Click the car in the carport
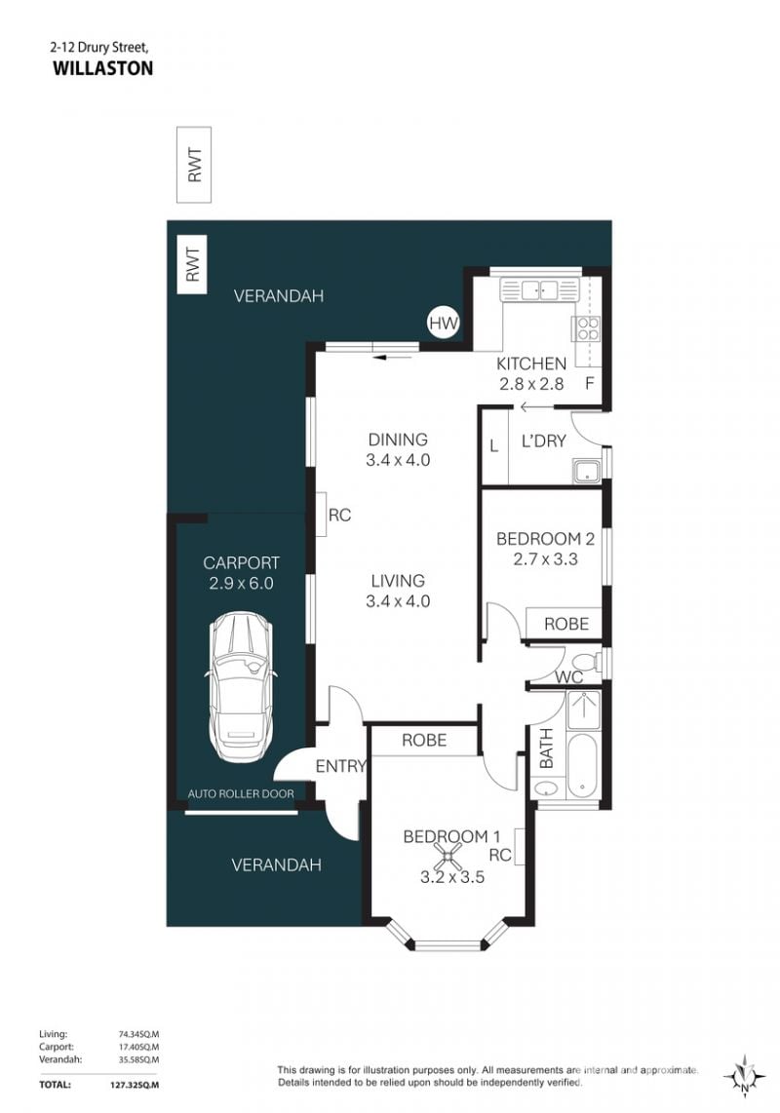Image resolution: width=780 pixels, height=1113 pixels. coord(240,687)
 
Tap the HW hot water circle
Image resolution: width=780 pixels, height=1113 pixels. coord(444,324)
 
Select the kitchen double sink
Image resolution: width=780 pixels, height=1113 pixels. coord(540,289)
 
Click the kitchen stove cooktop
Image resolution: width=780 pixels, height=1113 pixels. coord(588,329)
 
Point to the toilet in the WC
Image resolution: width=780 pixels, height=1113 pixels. coord(586,660)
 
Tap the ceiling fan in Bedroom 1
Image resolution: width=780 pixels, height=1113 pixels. coord(448,856)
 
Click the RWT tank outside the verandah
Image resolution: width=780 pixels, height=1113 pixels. coord(194,165)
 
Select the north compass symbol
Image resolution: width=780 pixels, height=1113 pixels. coord(744,1075)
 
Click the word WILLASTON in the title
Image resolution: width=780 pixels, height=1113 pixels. coord(103,68)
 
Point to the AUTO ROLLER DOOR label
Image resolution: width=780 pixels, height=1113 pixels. coord(241,793)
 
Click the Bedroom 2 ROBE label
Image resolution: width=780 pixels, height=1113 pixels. coord(566,624)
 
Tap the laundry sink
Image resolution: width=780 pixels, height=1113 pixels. coord(587,471)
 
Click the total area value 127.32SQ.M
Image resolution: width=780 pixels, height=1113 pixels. coord(138,1085)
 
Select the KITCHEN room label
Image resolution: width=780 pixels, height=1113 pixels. coord(531,364)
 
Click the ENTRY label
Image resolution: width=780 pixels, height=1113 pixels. coord(340,766)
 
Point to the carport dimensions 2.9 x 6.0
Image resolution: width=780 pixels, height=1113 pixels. coord(241,584)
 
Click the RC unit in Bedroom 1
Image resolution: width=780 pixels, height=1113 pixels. coord(519,847)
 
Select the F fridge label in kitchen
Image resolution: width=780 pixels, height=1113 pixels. coord(589,384)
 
